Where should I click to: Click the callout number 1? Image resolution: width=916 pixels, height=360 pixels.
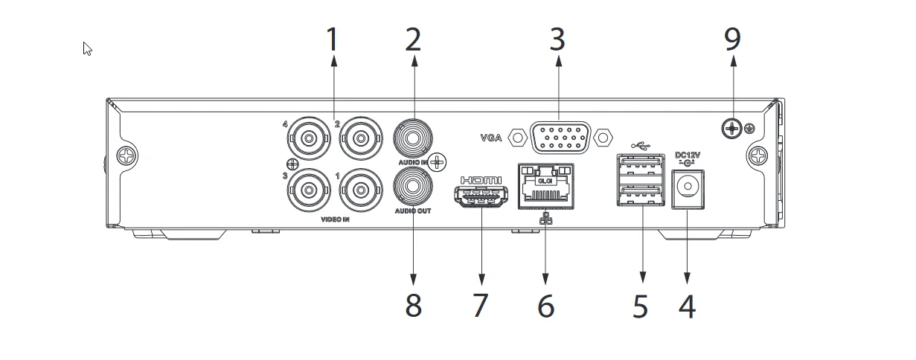tap(333, 39)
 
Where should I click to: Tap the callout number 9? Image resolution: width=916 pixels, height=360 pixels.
tap(732, 39)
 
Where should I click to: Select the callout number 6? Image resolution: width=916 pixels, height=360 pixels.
tap(546, 306)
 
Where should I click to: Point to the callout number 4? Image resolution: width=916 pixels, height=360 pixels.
tap(687, 306)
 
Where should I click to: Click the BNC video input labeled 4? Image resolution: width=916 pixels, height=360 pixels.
tap(309, 138)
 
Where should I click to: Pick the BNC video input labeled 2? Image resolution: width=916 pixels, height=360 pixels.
tap(361, 138)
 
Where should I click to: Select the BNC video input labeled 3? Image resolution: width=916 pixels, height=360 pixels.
tap(309, 190)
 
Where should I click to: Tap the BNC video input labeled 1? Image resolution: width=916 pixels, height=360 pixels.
tap(361, 190)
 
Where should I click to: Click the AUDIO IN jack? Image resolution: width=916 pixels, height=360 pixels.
tap(413, 138)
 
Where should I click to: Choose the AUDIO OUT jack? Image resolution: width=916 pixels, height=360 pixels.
tap(413, 187)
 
